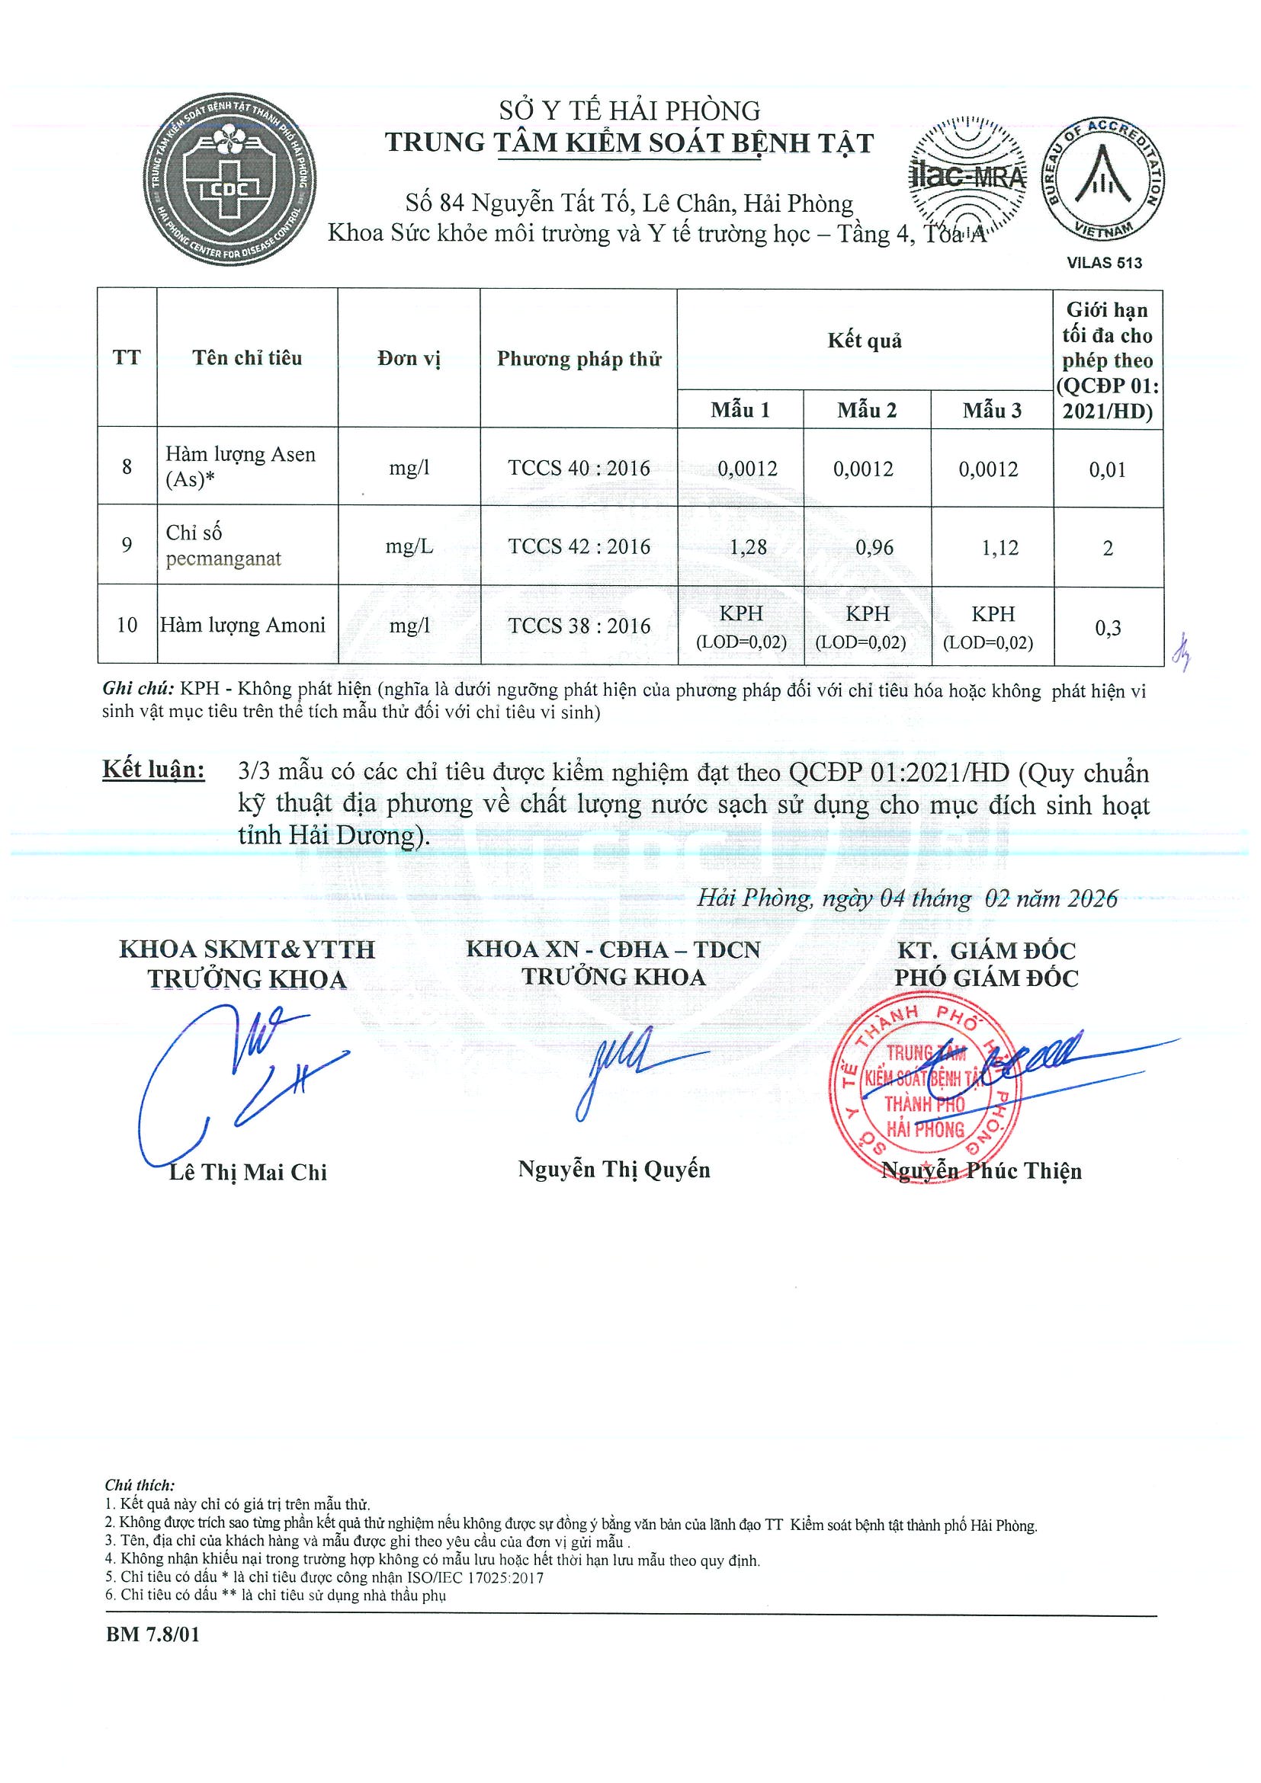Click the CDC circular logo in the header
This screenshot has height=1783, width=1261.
229,181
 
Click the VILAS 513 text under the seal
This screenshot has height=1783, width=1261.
1104,262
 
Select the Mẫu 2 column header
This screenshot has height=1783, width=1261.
866,410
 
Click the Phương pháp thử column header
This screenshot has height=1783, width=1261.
579,359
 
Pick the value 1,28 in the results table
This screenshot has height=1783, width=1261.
748,548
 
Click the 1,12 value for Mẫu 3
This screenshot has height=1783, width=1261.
999,549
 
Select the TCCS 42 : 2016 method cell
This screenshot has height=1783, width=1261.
579,546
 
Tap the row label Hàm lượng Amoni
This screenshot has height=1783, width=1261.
242,625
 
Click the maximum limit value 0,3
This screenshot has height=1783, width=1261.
1108,627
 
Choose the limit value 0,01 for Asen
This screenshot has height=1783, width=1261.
1107,470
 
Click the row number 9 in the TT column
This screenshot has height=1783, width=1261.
127,545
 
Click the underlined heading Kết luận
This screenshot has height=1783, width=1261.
154,770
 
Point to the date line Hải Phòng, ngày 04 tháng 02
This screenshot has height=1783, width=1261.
906,898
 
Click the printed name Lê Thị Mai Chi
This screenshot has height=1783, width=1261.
248,1172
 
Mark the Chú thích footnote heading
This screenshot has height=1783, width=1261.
140,1485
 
